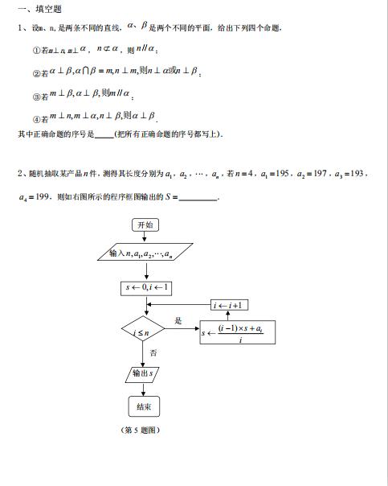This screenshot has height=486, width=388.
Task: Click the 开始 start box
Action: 145,225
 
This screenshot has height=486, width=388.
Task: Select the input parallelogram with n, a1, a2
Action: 145,255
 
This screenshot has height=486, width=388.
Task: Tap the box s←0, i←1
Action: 145,286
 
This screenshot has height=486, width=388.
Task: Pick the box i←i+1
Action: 231,305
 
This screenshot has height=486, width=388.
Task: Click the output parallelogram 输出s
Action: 145,373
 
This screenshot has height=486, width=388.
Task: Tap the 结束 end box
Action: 145,406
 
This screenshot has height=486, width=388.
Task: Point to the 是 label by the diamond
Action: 178,320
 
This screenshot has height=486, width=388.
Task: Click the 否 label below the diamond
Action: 153,352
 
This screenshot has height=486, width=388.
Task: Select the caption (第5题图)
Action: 141,430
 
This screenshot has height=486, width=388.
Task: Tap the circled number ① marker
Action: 35,51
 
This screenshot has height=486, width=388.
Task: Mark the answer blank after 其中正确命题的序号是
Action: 104,134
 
